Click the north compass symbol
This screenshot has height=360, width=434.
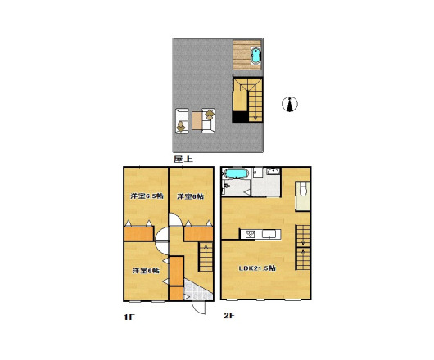[290, 104]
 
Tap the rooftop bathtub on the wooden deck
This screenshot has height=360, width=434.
[255, 56]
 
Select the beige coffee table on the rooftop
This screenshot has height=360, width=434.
[197, 120]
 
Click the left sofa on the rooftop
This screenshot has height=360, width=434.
[182, 121]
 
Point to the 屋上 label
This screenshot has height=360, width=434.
[183, 159]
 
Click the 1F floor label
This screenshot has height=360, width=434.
[129, 317]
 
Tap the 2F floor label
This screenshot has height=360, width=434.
[229, 315]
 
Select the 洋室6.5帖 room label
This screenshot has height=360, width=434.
[147, 196]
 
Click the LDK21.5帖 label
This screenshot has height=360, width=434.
[257, 268]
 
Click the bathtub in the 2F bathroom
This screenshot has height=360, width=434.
[236, 173]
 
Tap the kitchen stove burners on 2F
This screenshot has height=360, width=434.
[251, 234]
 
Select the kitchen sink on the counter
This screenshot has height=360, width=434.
[269, 234]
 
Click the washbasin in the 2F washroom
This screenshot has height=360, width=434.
[274, 171]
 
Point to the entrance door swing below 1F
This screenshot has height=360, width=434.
[199, 308]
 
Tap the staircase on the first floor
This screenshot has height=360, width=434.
[206, 257]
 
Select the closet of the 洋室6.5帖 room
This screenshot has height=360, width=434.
[138, 234]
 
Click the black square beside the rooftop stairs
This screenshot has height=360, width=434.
[240, 116]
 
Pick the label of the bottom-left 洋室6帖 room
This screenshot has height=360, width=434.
[146, 271]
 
